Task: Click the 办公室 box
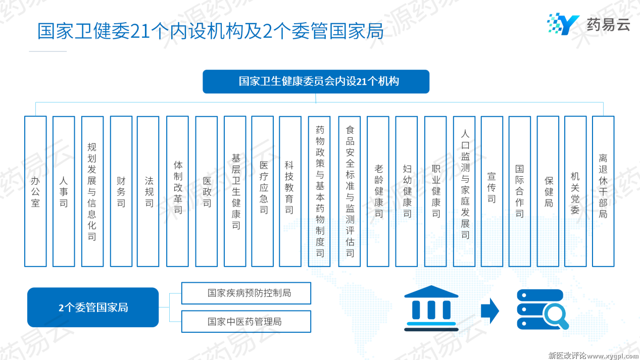tap(35, 191)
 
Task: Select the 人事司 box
tap(64, 191)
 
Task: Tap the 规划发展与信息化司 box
tap(92, 191)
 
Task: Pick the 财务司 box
tap(121, 191)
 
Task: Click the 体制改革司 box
tap(177, 191)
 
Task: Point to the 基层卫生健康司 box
tap(235, 191)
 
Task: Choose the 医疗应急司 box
tap(263, 191)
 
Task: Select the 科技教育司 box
tap(290, 191)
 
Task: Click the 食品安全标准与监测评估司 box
tap(350, 191)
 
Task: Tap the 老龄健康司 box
tap(378, 191)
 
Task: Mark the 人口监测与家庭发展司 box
tap(464, 191)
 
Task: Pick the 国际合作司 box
tap(520, 191)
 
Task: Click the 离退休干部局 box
tap(603, 191)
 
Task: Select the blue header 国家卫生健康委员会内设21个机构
tap(316, 81)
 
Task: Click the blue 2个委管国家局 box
tap(93, 307)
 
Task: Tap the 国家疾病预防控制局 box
tap(246, 293)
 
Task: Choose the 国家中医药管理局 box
tap(246, 322)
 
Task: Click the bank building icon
tap(431, 308)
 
